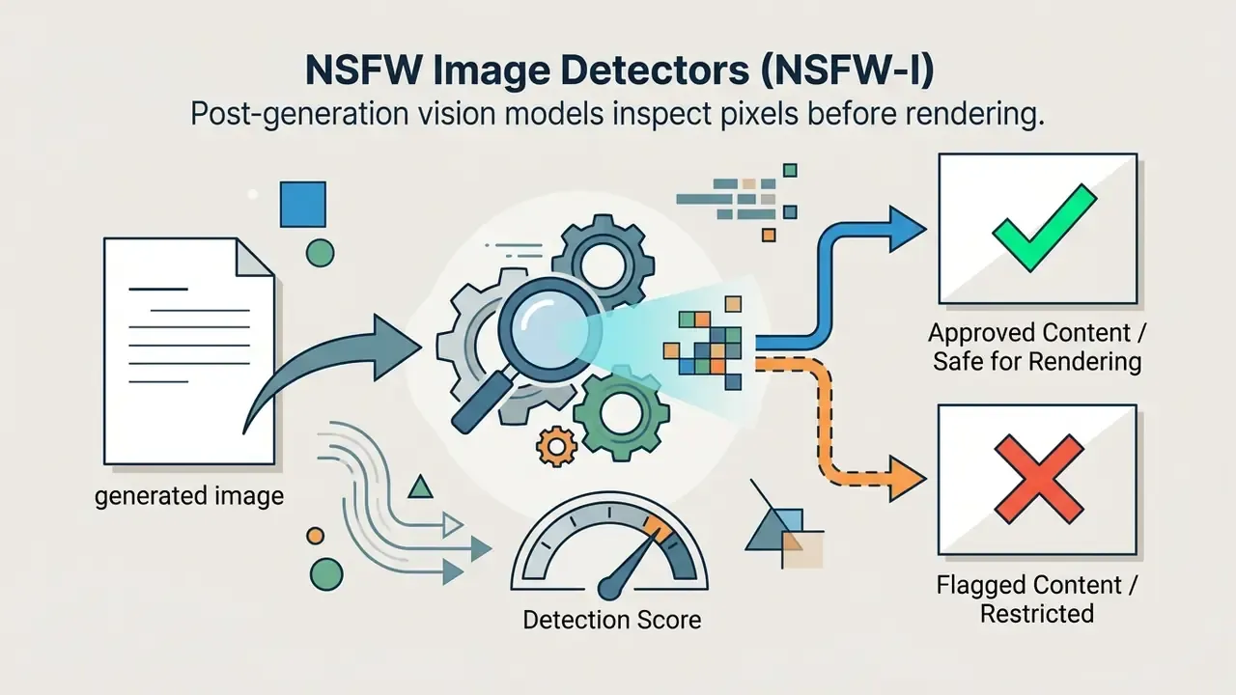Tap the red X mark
click(x=1038, y=479)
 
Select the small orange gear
click(x=557, y=447)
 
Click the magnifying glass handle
click(x=481, y=402)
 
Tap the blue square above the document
click(x=303, y=204)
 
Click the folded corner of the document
click(x=255, y=257)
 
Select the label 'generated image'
click(x=189, y=496)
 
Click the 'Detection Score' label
click(x=612, y=620)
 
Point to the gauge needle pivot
click(x=609, y=588)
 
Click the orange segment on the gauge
click(x=659, y=526)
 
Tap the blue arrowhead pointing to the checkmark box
click(x=907, y=229)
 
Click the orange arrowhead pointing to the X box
click(x=907, y=478)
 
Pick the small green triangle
click(x=420, y=487)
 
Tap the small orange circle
click(x=315, y=536)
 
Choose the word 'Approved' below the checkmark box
click(x=976, y=334)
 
